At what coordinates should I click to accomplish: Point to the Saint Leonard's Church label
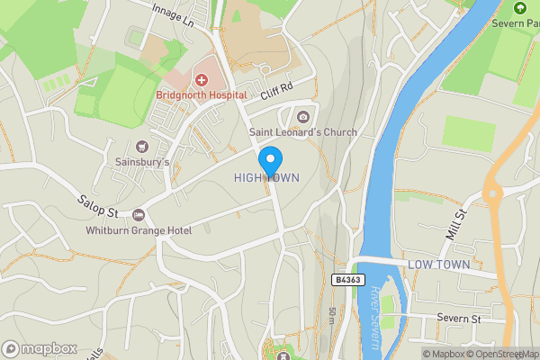(302, 132)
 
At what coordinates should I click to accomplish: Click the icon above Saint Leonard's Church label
(303, 116)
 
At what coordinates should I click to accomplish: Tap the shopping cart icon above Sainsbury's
(140, 146)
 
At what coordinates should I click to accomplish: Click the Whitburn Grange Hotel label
(139, 231)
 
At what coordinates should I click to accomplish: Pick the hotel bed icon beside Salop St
(139, 215)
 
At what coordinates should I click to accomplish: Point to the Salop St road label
(97, 204)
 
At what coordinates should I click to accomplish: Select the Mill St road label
(456, 222)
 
